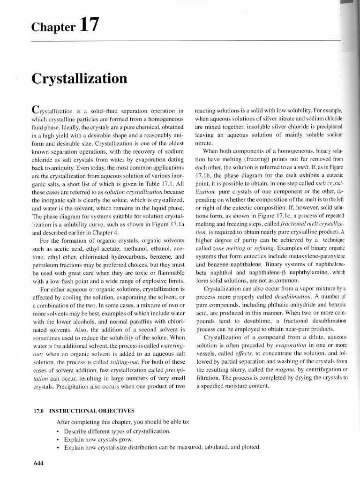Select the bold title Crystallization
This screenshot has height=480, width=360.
(x=79, y=78)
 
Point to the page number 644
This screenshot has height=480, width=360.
(x=38, y=464)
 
